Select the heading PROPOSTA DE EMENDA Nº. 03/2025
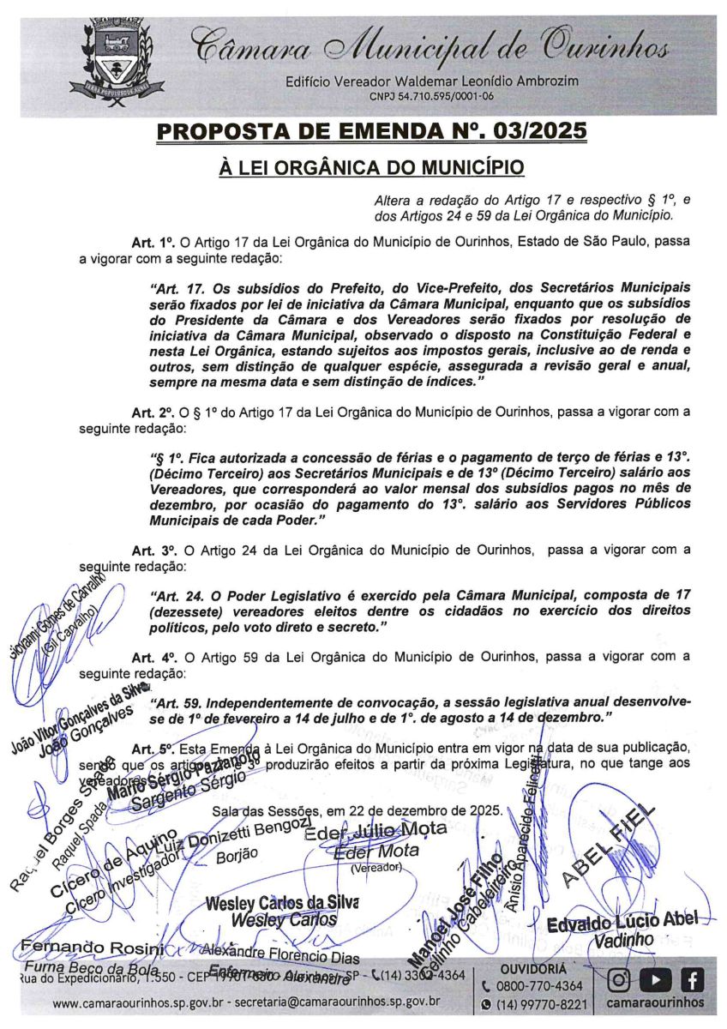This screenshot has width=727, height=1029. coord(372,131)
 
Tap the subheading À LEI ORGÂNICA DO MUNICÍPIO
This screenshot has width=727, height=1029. coord(371,166)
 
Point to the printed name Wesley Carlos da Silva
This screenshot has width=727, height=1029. coord(282,903)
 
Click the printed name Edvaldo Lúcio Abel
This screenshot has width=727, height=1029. coord(623,921)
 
